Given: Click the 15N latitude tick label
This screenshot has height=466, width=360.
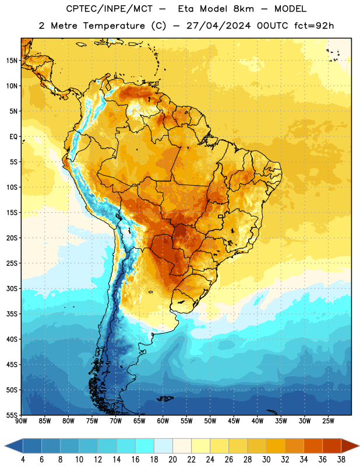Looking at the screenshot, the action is tap(12, 61).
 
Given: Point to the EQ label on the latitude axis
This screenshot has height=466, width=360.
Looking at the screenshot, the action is tap(13, 137).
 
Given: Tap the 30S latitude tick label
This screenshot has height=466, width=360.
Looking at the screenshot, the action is tap(12, 289).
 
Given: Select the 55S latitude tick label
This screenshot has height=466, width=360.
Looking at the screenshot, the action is tap(12, 415).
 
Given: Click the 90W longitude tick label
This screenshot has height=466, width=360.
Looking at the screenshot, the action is tap(22, 421).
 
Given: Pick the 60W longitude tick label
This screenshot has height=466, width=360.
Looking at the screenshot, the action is tap(163, 421).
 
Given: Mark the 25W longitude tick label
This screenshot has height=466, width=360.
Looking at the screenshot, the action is tap(328, 421).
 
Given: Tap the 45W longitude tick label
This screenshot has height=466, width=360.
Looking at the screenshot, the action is tap(234, 421).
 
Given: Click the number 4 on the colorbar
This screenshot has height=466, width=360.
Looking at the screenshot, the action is tap(23, 460).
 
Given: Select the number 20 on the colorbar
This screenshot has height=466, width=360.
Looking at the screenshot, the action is tap(172, 460).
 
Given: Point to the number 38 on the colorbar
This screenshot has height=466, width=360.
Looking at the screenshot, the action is tap(341, 460).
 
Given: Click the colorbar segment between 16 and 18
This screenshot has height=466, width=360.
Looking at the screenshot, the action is tap(145, 446).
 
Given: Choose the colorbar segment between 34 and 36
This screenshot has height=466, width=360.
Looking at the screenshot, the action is tap(313, 446).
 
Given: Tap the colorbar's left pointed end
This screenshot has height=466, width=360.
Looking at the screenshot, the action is tap(5, 446).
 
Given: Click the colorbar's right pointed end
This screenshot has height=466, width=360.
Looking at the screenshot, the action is tap(359, 446).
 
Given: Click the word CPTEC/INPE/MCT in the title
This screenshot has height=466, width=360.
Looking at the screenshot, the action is tap(109, 9).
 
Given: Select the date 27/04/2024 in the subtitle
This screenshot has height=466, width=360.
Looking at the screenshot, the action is tap(218, 26).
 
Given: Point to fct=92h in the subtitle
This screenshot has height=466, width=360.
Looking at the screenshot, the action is tap(314, 26).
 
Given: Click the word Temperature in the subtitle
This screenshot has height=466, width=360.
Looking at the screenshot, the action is tap(114, 26).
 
